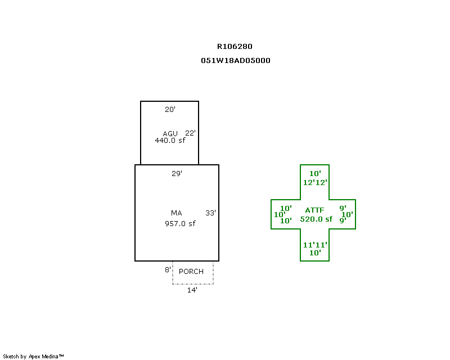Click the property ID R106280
click(235, 47)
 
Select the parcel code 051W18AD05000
click(235, 61)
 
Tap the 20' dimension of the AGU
click(170, 109)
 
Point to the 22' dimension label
click(190, 133)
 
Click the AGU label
click(170, 133)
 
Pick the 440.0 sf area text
click(170, 141)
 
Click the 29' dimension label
click(177, 173)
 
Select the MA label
click(176, 213)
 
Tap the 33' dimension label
click(210, 213)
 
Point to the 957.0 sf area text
click(180, 224)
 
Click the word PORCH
click(191, 272)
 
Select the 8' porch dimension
click(168, 270)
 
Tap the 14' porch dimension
click(192, 290)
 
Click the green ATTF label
click(314, 210)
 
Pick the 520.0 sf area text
click(316, 219)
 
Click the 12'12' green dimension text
click(315, 183)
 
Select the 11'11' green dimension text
click(315, 245)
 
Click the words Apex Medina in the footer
click(43, 357)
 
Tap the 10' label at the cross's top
click(315, 173)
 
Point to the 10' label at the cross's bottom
click(315, 253)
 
